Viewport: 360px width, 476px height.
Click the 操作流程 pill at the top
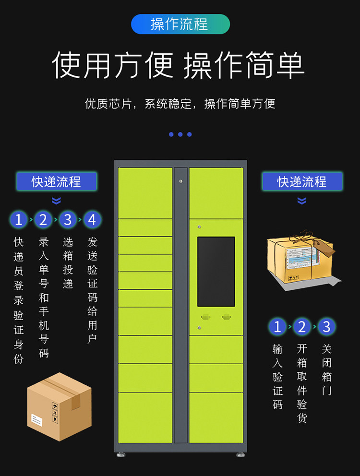[180, 24]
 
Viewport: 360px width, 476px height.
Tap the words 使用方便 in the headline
[112, 65]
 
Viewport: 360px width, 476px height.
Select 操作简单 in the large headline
[244, 65]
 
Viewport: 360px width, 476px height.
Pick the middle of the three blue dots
[180, 134]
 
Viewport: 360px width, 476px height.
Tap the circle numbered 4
[92, 220]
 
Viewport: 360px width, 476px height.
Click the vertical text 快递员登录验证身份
[19, 300]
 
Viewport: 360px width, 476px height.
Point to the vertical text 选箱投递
[68, 262]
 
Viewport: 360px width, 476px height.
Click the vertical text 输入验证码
[277, 377]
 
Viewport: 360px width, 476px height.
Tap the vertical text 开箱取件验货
[302, 383]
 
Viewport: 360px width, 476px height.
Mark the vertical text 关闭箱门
[326, 369]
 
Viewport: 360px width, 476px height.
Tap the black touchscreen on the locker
[216, 272]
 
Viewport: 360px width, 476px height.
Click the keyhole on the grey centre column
[180, 181]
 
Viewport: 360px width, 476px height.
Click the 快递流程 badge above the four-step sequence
[57, 182]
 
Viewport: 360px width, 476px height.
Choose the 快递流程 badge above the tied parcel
[302, 182]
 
